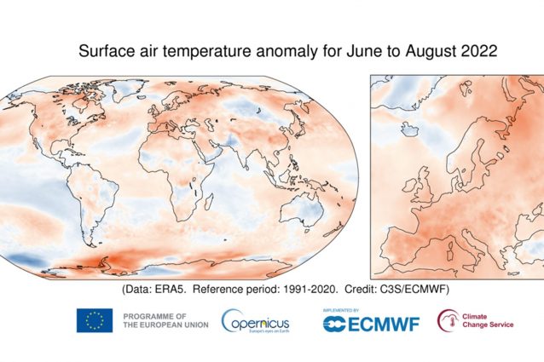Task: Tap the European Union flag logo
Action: (95, 320)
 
